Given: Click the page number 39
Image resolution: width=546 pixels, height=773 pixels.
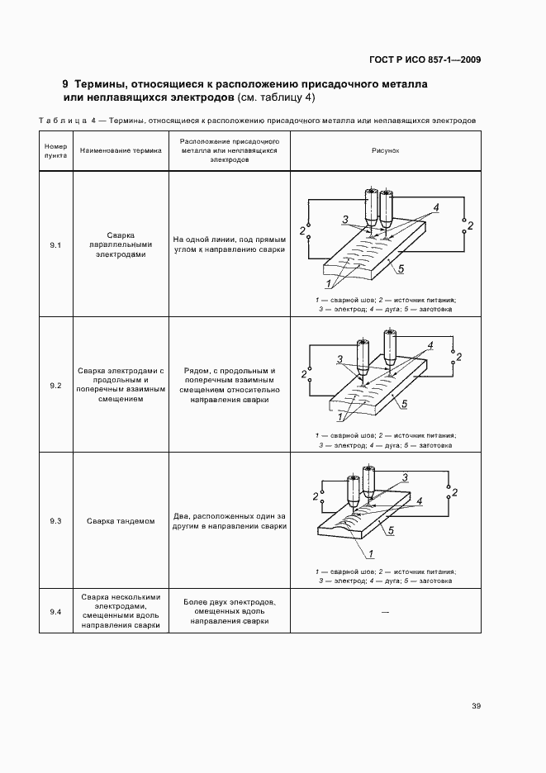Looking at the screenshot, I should pos(476,705).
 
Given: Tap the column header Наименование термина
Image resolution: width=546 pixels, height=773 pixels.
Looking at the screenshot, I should pos(121,152).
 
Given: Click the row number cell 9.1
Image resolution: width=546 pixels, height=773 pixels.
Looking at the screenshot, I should pos(55,245).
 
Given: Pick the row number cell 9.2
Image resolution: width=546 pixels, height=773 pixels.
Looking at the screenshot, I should pos(55,386).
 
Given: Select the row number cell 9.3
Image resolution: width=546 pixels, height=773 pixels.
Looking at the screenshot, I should pos(55,521).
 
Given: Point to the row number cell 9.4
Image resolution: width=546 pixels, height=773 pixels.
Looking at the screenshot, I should pos(55,611).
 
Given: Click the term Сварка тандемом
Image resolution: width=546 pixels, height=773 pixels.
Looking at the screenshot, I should pos(121,521).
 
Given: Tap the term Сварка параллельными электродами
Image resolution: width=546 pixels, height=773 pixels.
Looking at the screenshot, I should pos(121,245).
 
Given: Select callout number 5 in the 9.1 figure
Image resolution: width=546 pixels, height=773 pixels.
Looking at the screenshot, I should pos(401,269).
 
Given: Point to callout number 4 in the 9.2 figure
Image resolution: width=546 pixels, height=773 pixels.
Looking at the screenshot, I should pos(430,344).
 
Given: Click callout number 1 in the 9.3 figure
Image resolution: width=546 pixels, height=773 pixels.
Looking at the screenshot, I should pos(349,553).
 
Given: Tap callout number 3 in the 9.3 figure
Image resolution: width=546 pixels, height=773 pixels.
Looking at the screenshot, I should pos(406,477).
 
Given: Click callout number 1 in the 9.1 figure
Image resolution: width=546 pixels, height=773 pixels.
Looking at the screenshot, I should pos(329,283).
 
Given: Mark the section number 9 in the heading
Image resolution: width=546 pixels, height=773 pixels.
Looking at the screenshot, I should pos(65,84).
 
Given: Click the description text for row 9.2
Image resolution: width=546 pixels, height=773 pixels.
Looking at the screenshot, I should pos(229,386).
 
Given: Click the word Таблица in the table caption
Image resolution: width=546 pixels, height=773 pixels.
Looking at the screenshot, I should pos(61,121).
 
